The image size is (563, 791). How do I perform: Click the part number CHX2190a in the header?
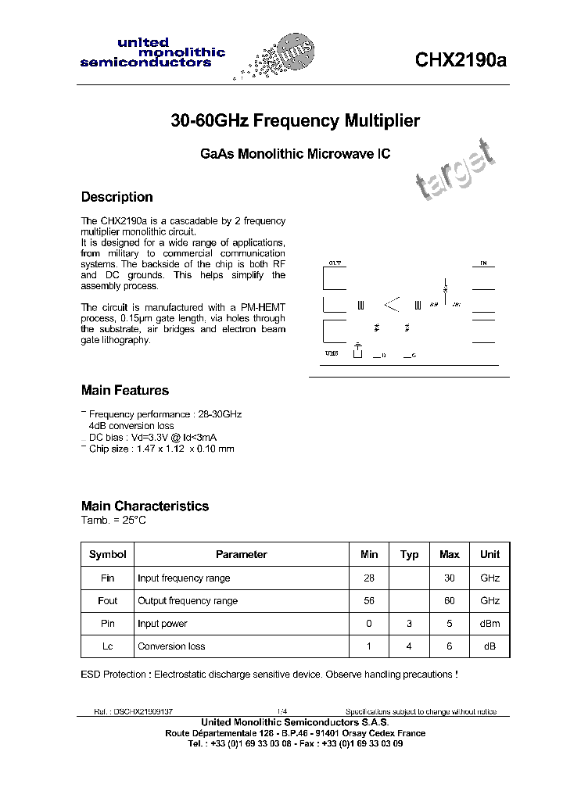click(461, 60)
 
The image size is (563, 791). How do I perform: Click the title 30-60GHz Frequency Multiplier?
click(295, 121)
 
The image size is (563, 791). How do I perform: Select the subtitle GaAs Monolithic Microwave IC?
click(295, 154)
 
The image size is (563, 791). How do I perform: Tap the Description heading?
click(117, 197)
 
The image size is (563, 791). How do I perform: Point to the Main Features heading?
click(124, 390)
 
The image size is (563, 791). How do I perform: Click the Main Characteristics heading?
click(145, 506)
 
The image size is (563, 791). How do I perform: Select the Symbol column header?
click(108, 554)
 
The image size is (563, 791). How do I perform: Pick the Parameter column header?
click(241, 554)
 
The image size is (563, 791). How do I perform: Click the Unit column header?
click(489, 554)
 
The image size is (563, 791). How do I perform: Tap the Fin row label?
click(108, 578)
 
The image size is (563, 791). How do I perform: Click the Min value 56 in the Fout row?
click(369, 601)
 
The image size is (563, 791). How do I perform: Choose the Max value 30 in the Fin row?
click(450, 578)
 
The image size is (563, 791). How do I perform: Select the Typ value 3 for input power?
click(409, 624)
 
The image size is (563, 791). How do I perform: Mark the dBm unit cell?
click(489, 624)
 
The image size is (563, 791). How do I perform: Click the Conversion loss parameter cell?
click(171, 646)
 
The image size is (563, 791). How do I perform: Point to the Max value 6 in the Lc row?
click(450, 646)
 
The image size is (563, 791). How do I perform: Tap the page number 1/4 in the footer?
click(281, 711)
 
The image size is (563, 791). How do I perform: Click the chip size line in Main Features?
click(161, 449)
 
